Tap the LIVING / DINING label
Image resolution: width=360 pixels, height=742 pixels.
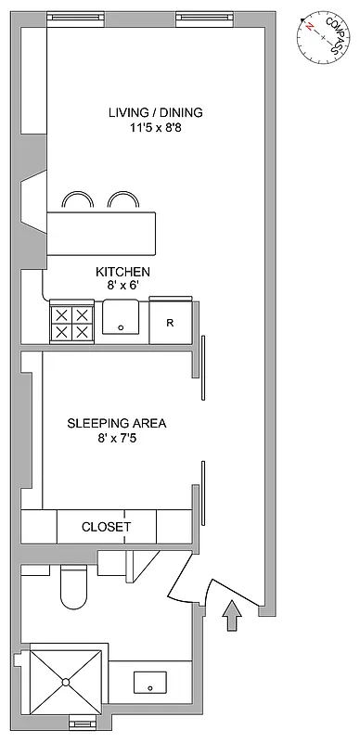(x=155, y=113)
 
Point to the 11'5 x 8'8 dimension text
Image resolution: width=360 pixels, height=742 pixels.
(x=155, y=129)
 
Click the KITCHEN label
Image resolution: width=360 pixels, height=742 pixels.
(x=122, y=272)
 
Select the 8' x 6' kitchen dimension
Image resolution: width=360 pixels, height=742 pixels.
(x=122, y=287)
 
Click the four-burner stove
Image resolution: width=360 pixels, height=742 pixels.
(x=71, y=322)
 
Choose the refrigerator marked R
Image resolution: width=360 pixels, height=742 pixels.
(x=171, y=322)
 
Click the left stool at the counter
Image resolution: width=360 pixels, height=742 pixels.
(x=77, y=200)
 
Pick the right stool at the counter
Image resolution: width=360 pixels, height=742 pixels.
(x=122, y=200)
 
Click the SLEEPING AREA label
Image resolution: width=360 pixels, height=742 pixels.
(x=116, y=424)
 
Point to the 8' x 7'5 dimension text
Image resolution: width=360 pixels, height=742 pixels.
(x=116, y=439)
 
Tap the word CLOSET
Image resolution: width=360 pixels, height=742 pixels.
(x=107, y=527)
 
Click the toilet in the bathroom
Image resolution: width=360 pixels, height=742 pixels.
(x=72, y=587)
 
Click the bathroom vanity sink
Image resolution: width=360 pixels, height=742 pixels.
(x=149, y=684)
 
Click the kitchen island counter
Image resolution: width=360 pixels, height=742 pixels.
(x=102, y=232)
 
